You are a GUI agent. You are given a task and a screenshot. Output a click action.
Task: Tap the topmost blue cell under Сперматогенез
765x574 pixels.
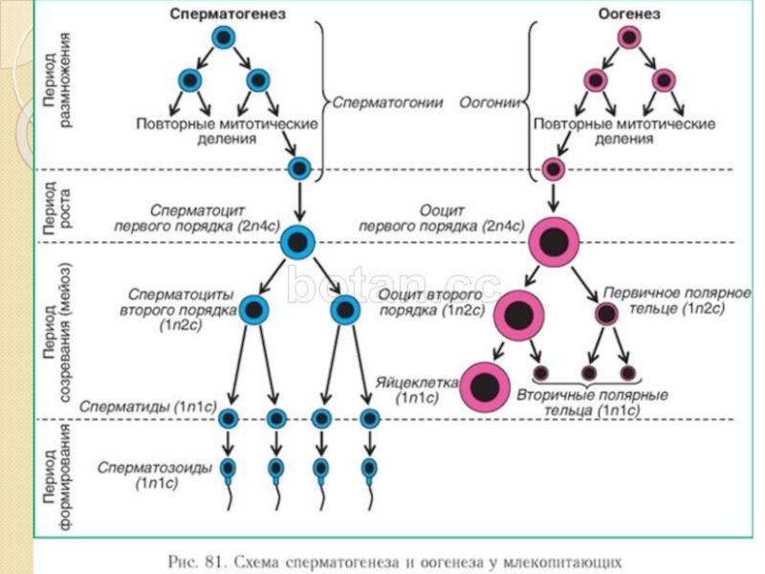point(223,38)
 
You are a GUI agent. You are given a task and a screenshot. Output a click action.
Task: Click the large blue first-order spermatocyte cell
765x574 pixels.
point(298,243)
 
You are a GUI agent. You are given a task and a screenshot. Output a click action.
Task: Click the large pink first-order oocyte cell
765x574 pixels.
point(554,243)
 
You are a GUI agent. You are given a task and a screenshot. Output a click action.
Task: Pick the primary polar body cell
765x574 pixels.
point(606,313)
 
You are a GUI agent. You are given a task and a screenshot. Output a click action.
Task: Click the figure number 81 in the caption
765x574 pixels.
point(214,559)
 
